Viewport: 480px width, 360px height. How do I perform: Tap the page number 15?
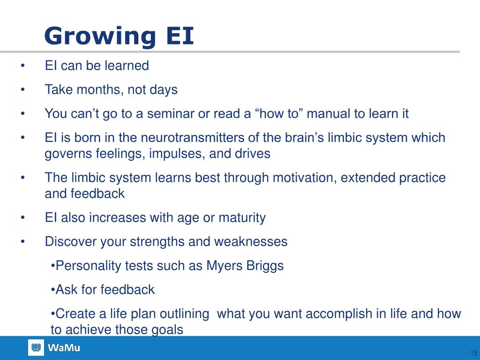click(x=473, y=353)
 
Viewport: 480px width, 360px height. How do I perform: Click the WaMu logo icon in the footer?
click(x=36, y=347)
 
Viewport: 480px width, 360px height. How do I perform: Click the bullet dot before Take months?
click(x=22, y=90)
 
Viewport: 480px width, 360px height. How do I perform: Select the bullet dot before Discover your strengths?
click(x=22, y=242)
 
